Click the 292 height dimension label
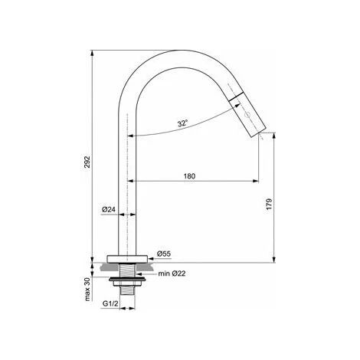coord(87,162)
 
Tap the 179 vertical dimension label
coord(269,204)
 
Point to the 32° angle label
coord(183,123)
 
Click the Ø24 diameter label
coord(109,210)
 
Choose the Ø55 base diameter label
coord(164,254)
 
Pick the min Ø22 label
coord(172,273)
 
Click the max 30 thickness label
coord(87,289)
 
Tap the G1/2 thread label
coord(110,303)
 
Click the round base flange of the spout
coord(127,259)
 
